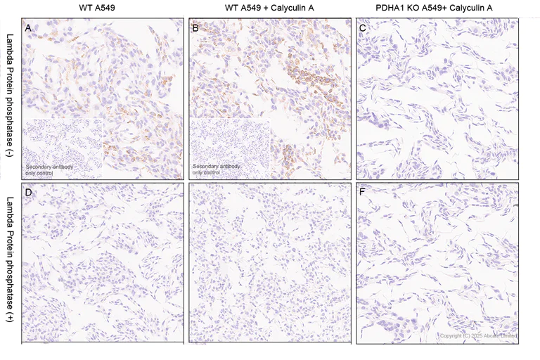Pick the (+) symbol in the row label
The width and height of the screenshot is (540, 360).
point(9,324)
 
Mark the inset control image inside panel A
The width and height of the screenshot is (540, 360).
point(63,148)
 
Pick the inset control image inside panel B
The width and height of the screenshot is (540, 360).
point(230,148)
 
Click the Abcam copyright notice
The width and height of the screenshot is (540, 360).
point(479,336)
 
